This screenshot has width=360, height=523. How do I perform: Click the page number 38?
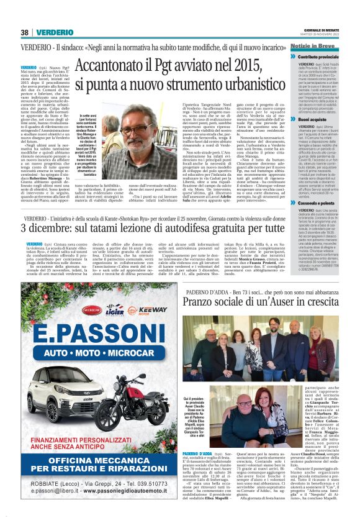coord(25,32)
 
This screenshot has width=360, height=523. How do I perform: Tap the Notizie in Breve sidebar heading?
coord(314,47)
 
